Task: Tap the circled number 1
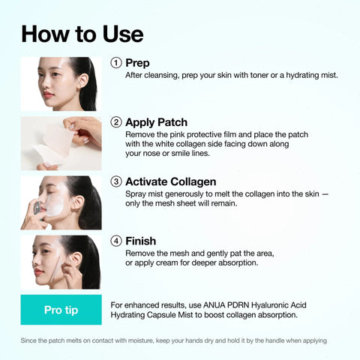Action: coord(116,63)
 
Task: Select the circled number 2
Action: coord(116,122)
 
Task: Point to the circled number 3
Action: coord(116,181)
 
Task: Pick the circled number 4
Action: coord(116,241)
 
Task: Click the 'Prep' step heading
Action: coord(137,63)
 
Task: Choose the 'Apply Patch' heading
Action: coord(156,122)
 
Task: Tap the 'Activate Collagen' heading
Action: coord(170,181)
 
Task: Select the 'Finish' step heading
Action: coord(140,241)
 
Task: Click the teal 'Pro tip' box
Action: coord(61,310)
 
